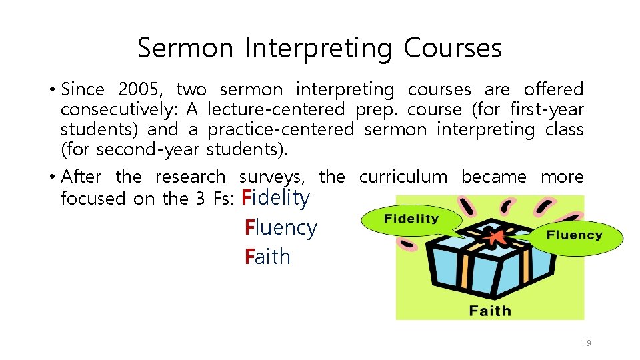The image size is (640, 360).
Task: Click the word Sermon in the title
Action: point(185,48)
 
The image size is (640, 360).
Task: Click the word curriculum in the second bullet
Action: point(403,177)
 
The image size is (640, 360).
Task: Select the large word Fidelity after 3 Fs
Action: point(276,197)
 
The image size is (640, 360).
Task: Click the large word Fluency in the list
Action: point(281,227)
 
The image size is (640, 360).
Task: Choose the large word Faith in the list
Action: point(268,257)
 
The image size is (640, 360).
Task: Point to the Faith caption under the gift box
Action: point(490,311)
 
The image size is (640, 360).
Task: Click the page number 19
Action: point(587,343)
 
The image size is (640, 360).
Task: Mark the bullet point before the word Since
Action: point(51,89)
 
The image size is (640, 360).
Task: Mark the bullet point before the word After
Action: point(51,177)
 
